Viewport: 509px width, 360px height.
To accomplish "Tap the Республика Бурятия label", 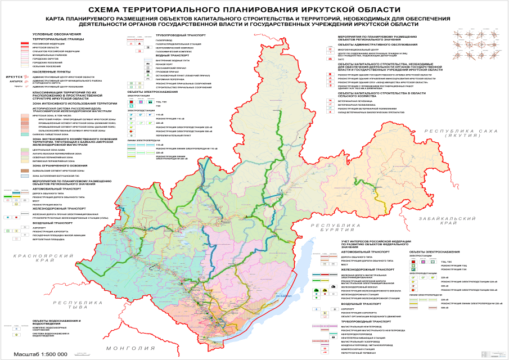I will [344, 227].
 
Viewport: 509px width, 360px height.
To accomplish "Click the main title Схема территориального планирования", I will [254, 10].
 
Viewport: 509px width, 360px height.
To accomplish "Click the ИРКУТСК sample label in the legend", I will [13, 77].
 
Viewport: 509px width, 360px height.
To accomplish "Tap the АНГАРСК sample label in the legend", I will [13, 82].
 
